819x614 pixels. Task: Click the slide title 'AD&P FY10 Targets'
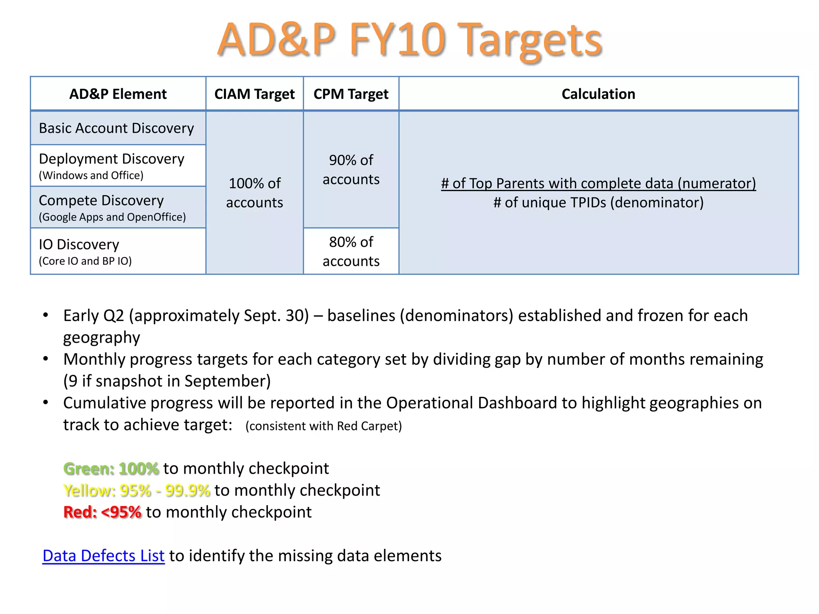[409, 40]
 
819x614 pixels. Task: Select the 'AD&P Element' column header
[118, 94]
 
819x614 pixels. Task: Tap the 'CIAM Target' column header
[254, 94]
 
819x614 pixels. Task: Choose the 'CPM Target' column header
[351, 94]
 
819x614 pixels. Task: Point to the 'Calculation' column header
[598, 94]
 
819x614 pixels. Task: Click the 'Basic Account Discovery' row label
[116, 128]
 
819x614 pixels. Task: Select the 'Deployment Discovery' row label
[112, 159]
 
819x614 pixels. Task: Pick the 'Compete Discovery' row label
[101, 201]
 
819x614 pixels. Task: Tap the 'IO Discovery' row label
[79, 245]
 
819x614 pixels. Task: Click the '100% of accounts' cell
[254, 193]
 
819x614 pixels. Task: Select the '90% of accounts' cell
[351, 169]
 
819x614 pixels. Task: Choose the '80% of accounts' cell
[351, 251]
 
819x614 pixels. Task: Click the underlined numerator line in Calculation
[598, 183]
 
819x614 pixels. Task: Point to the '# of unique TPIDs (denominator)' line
[598, 203]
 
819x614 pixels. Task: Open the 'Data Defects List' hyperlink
[103, 556]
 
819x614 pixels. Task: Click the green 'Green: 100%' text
[111, 468]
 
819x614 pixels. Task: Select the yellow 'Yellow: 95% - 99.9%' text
[136, 490]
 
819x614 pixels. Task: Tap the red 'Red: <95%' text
[102, 512]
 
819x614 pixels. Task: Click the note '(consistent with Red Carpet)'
[324, 426]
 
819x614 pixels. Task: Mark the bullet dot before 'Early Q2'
[46, 315]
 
